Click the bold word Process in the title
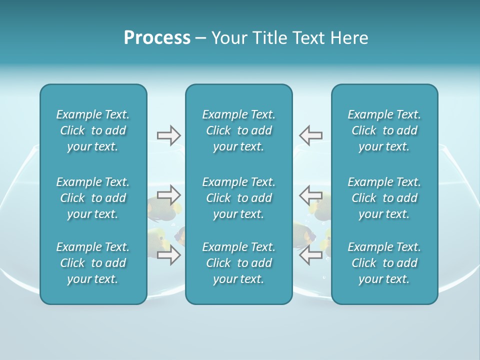tap(157, 38)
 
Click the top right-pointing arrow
tap(168, 135)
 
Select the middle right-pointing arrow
tap(168, 194)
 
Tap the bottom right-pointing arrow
tap(168, 255)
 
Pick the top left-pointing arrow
tap(310, 135)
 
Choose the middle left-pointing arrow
tap(310, 194)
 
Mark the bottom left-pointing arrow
tap(310, 255)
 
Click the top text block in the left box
tap(93, 130)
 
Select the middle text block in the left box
tap(93, 198)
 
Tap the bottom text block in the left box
tap(93, 263)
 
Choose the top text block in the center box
tap(238, 130)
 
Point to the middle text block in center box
tap(238, 198)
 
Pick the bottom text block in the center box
tap(238, 263)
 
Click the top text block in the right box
tap(384, 130)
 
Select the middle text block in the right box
tap(384, 198)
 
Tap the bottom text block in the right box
tap(384, 263)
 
